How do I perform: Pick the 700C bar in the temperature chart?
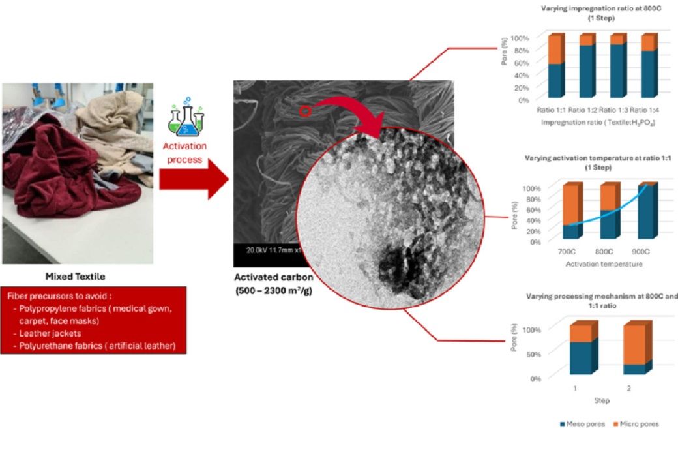(572, 212)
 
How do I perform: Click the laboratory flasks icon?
(186, 117)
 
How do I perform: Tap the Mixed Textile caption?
(77, 275)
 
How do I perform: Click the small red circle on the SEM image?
(304, 112)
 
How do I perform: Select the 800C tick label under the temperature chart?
(604, 252)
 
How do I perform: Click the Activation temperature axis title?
(604, 264)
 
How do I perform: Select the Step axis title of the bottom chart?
(602, 400)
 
